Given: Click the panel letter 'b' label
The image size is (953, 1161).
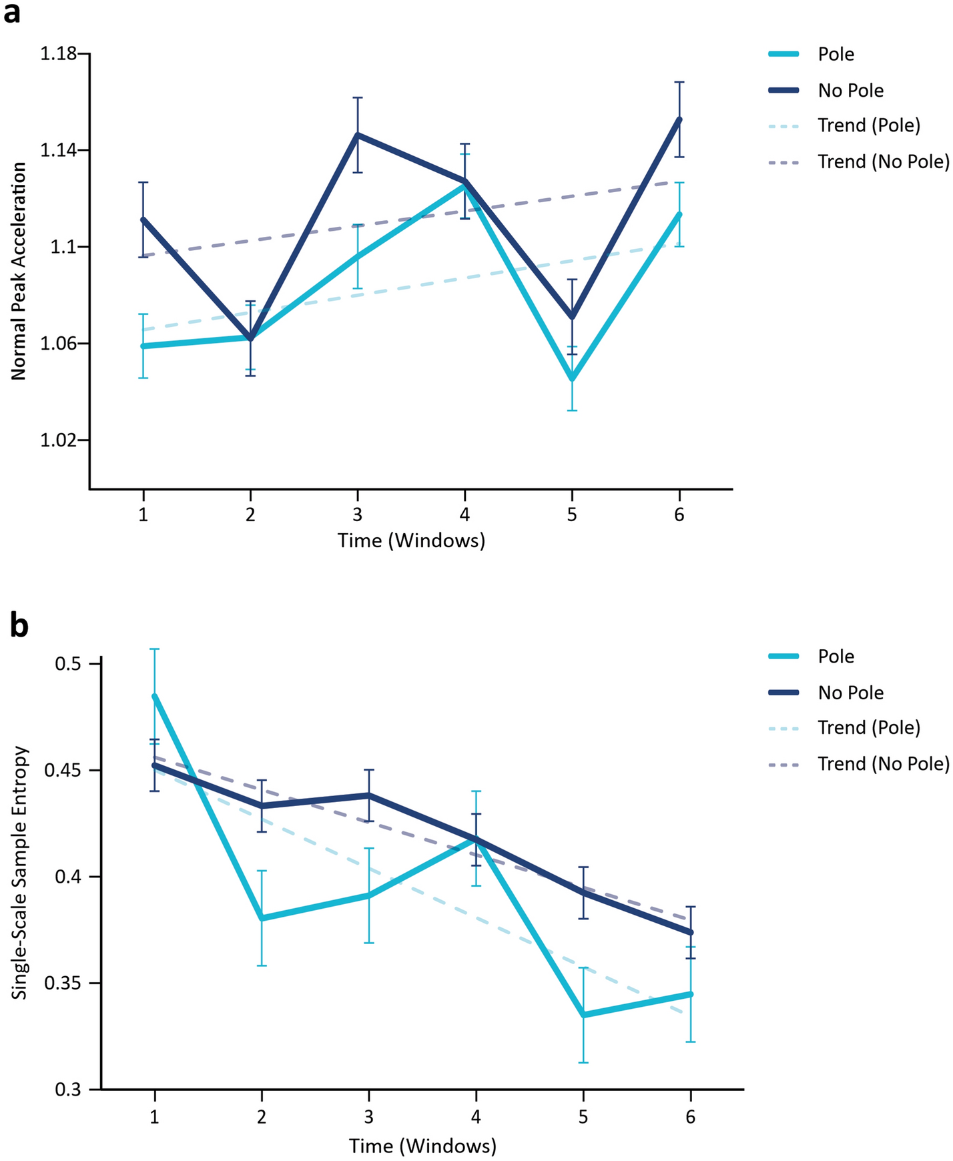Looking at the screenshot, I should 18,627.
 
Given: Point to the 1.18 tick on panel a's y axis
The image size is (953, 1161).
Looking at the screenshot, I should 58,54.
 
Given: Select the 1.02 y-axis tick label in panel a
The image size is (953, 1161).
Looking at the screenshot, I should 58,440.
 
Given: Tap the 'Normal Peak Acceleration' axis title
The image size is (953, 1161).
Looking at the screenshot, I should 19,271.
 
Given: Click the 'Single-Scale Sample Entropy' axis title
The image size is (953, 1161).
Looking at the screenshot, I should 20,872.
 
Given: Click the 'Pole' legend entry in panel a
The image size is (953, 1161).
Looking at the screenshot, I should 836,54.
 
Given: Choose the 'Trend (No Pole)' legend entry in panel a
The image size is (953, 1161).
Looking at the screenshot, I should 883,161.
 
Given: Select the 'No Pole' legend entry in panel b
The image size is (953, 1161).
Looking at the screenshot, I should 850,693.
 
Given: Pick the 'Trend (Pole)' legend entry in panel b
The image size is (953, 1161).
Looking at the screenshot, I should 868,728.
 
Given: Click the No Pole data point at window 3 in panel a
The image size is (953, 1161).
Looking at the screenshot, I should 358,135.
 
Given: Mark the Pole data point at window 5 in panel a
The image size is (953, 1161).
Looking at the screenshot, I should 572,378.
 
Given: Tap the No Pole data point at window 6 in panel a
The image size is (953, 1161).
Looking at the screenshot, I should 679,119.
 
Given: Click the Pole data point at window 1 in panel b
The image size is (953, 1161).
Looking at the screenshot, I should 154,696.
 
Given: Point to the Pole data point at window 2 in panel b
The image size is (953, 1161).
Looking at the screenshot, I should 262,919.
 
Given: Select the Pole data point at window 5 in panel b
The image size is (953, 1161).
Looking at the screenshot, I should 583,1015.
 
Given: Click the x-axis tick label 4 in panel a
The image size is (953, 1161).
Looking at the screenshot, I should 464,514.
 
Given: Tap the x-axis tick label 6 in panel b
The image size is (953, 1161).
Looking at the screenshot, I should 690,1116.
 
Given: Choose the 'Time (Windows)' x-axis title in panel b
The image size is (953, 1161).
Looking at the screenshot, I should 422,1146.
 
